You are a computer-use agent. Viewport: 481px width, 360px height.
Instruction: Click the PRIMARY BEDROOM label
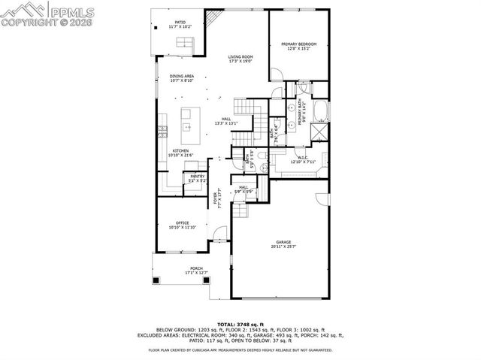(x=299, y=44)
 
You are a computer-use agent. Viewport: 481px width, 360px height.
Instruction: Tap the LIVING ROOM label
(x=240, y=57)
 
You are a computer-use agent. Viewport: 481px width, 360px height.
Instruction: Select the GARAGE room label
(x=283, y=242)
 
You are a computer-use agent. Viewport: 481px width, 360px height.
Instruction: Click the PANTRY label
(x=177, y=177)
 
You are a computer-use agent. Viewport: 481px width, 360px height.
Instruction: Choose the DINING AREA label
(x=181, y=76)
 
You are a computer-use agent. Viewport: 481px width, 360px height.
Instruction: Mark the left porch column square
(x=156, y=280)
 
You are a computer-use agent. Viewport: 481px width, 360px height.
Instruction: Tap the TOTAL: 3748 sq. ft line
(x=241, y=324)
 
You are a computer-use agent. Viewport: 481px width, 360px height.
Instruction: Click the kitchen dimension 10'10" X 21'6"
(x=181, y=156)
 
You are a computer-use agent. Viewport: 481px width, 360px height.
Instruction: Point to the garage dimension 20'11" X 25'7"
(x=283, y=247)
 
